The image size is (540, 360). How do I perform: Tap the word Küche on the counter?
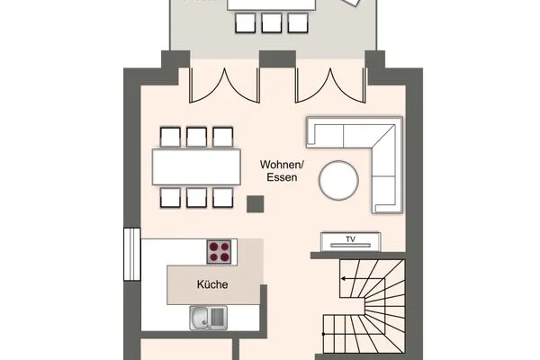pos(212,285)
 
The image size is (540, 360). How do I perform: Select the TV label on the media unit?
pos(352,240)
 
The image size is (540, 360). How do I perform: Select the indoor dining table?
pos(197,166)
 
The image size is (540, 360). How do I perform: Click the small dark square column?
pos(254,204)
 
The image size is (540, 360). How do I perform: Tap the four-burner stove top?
pos(220,252)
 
